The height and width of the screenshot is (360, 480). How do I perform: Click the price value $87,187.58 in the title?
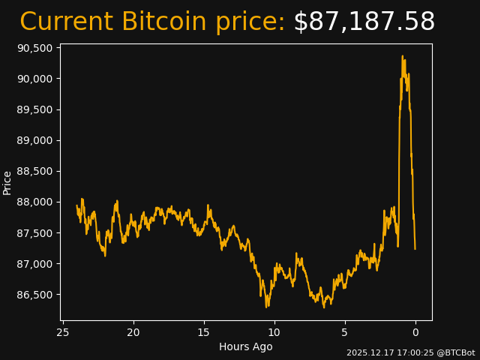click(x=364, y=22)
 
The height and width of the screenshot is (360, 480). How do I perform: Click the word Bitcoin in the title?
click(x=163, y=22)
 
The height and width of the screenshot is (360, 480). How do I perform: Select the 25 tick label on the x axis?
click(x=63, y=332)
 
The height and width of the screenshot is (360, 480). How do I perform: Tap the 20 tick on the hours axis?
click(x=133, y=332)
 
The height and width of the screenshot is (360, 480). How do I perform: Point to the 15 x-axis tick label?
click(x=204, y=332)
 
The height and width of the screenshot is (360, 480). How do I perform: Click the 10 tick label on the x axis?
click(x=274, y=332)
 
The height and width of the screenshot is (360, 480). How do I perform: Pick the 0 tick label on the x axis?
click(x=415, y=332)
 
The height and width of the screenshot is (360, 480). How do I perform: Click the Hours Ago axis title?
click(x=246, y=346)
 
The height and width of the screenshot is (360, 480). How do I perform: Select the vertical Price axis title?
click(x=7, y=182)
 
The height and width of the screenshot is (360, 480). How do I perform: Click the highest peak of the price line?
click(x=403, y=56)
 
